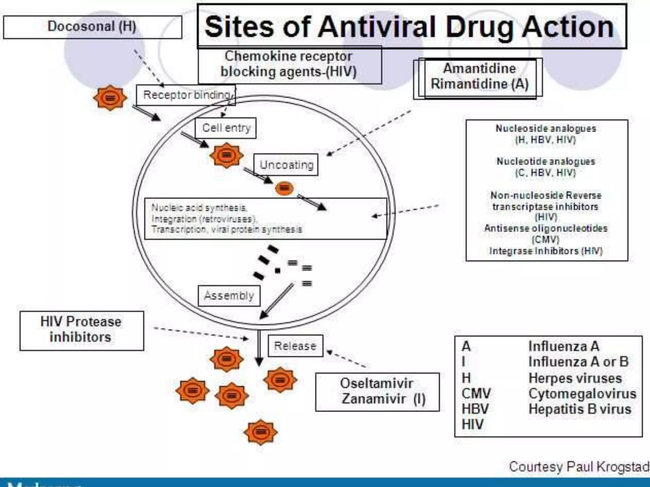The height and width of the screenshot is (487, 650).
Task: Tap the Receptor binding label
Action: pyautogui.click(x=186, y=95)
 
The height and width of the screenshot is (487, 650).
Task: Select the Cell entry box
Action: pyautogui.click(x=226, y=128)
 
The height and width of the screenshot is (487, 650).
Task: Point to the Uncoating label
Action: pyautogui.click(x=286, y=165)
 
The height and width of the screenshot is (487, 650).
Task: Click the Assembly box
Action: pyautogui.click(x=229, y=296)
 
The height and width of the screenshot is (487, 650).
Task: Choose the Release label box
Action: pyautogui.click(x=295, y=346)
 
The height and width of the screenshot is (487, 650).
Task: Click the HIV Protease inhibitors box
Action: pyautogui.click(x=81, y=330)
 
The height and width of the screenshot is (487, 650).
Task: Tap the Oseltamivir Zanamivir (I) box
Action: pyautogui.click(x=377, y=392)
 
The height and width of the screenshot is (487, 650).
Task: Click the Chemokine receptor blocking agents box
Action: pyautogui.click(x=289, y=65)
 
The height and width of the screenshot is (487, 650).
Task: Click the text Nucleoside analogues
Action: pyautogui.click(x=546, y=128)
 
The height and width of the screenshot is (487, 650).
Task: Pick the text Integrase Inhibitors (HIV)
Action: pyautogui.click(x=546, y=251)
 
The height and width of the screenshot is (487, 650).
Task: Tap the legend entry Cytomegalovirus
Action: pyautogui.click(x=582, y=394)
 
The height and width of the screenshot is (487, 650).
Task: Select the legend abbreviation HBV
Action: pyautogui.click(x=475, y=409)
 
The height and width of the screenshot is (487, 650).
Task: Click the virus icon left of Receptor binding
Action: pyautogui.click(x=110, y=98)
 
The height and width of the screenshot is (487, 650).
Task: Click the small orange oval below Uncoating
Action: pyautogui.click(x=284, y=188)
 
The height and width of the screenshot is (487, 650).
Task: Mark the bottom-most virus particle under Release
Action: pyautogui.click(x=261, y=432)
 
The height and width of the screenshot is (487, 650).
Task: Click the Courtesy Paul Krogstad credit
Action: pyautogui.click(x=579, y=467)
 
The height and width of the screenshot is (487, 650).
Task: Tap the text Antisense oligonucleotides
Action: pyautogui.click(x=546, y=228)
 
